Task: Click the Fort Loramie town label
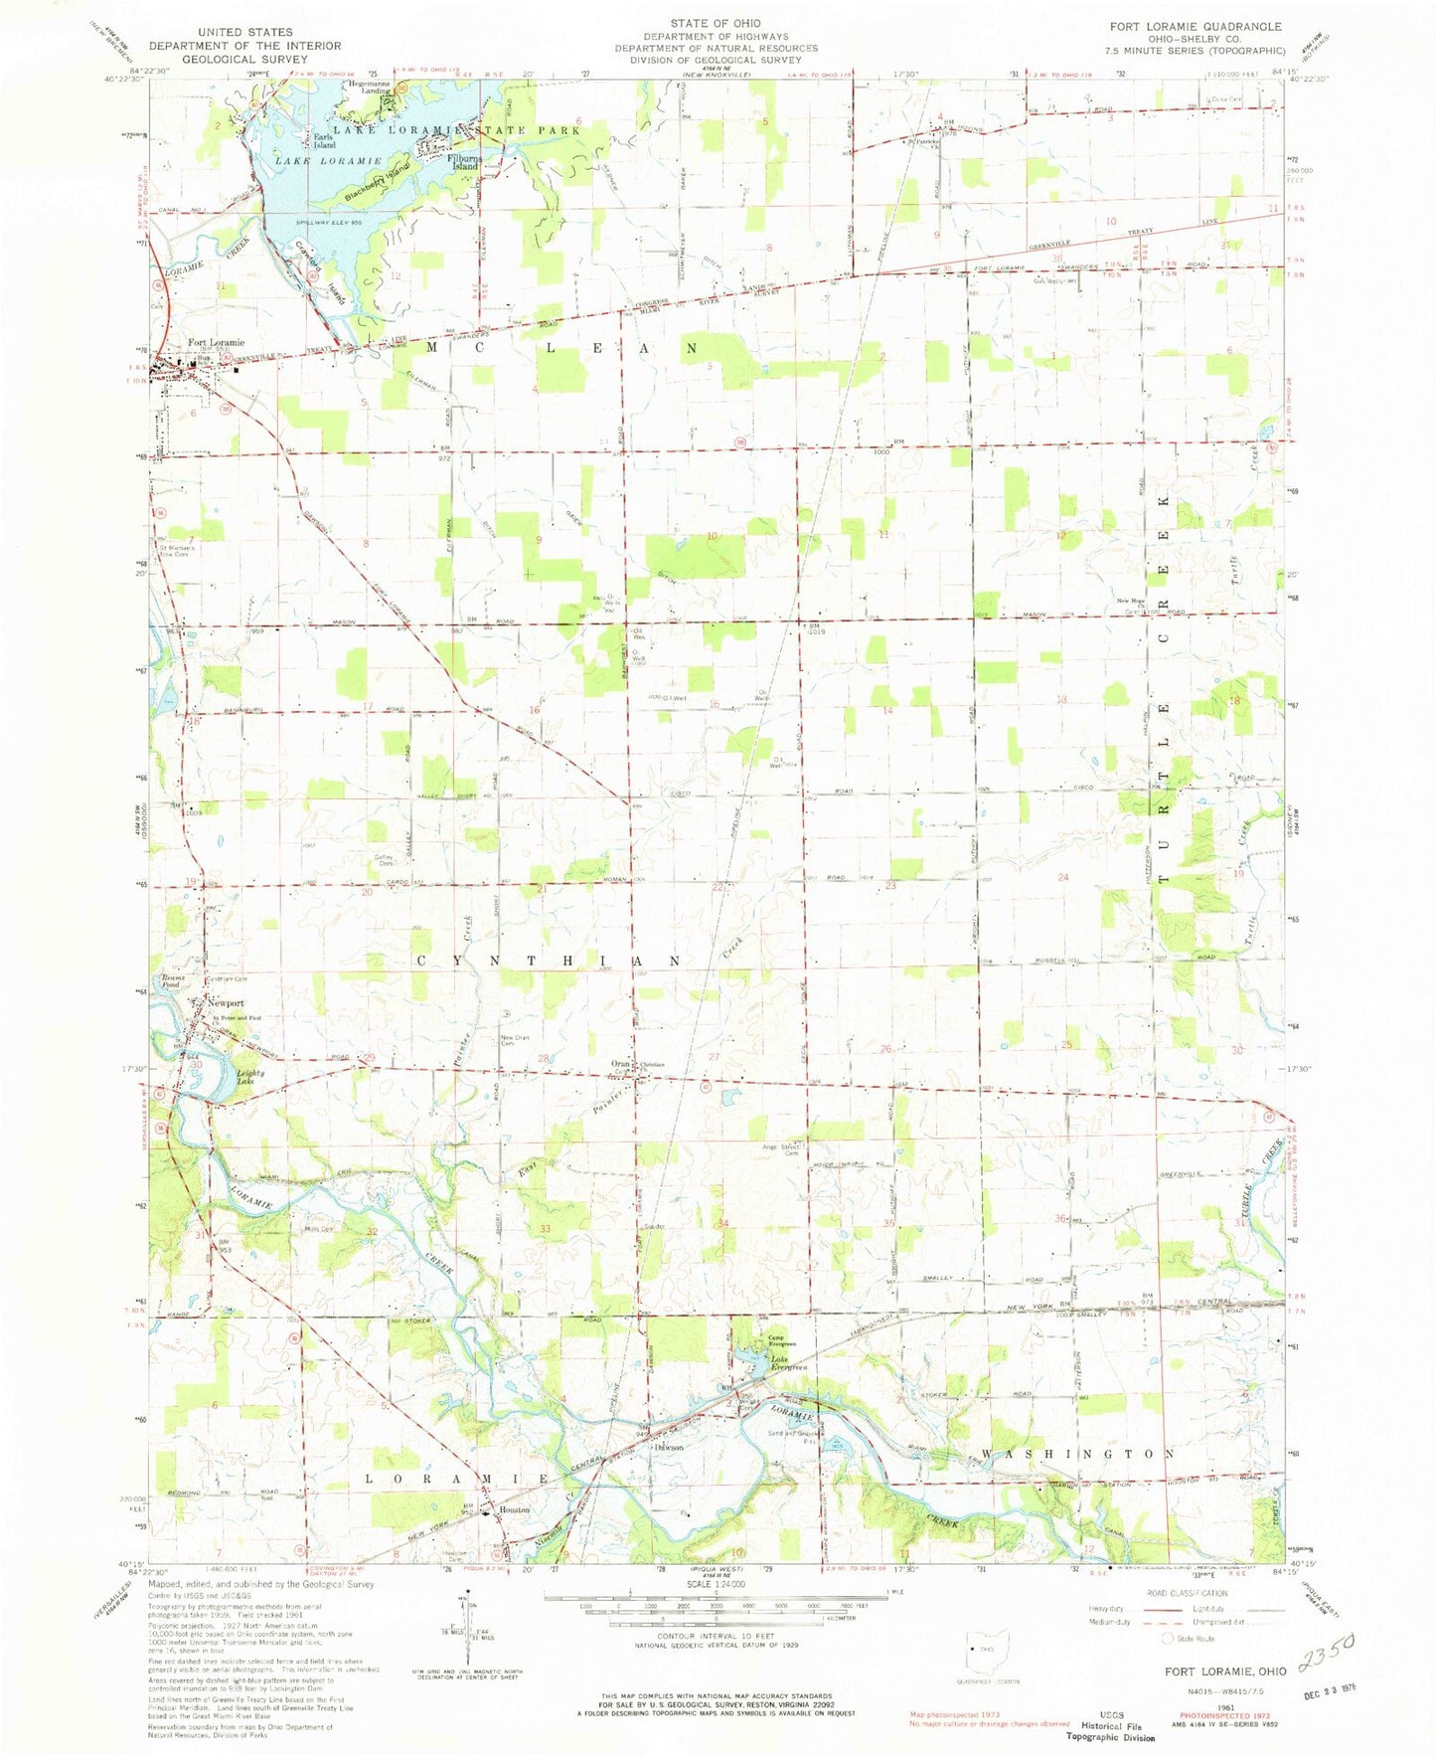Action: (x=216, y=342)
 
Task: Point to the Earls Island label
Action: (x=324, y=141)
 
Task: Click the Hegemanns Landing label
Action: (x=368, y=87)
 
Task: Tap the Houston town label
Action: (x=514, y=1509)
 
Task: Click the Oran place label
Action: (x=621, y=1064)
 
